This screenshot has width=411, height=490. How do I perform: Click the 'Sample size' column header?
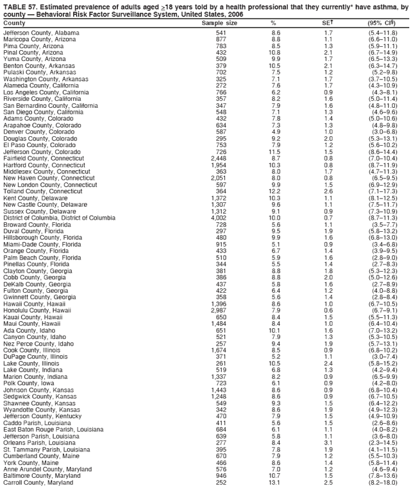click(x=219, y=23)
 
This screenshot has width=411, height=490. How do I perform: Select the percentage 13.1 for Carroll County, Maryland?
click(x=275, y=482)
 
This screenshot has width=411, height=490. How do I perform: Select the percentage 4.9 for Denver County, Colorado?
click(x=275, y=132)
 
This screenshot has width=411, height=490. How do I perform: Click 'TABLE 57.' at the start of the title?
click(x=18, y=6)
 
